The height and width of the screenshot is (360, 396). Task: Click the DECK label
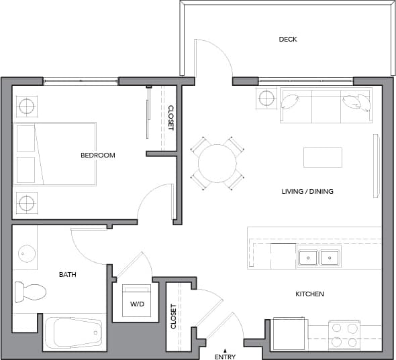(288, 40)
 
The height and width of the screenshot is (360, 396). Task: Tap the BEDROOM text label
(98, 156)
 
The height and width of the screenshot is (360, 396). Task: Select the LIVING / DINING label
(307, 192)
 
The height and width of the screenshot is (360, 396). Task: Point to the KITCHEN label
(310, 294)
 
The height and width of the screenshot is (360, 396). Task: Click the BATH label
(68, 274)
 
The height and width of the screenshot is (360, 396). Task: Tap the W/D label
(137, 304)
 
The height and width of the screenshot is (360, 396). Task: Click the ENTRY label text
(226, 357)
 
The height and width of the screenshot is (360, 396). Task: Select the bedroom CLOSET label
(170, 118)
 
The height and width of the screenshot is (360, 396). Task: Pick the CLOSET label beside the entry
(173, 316)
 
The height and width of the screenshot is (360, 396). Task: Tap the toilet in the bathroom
(31, 292)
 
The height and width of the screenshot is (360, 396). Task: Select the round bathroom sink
(27, 253)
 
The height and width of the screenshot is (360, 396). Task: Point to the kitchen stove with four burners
(344, 335)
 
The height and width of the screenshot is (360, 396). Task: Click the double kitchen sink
(319, 256)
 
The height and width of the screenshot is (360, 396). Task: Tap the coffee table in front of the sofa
(323, 158)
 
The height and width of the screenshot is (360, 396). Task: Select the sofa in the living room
(326, 105)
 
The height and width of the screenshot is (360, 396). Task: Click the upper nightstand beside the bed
(27, 105)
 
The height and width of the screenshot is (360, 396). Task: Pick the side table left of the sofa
(266, 99)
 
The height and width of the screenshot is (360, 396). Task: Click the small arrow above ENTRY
(226, 350)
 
